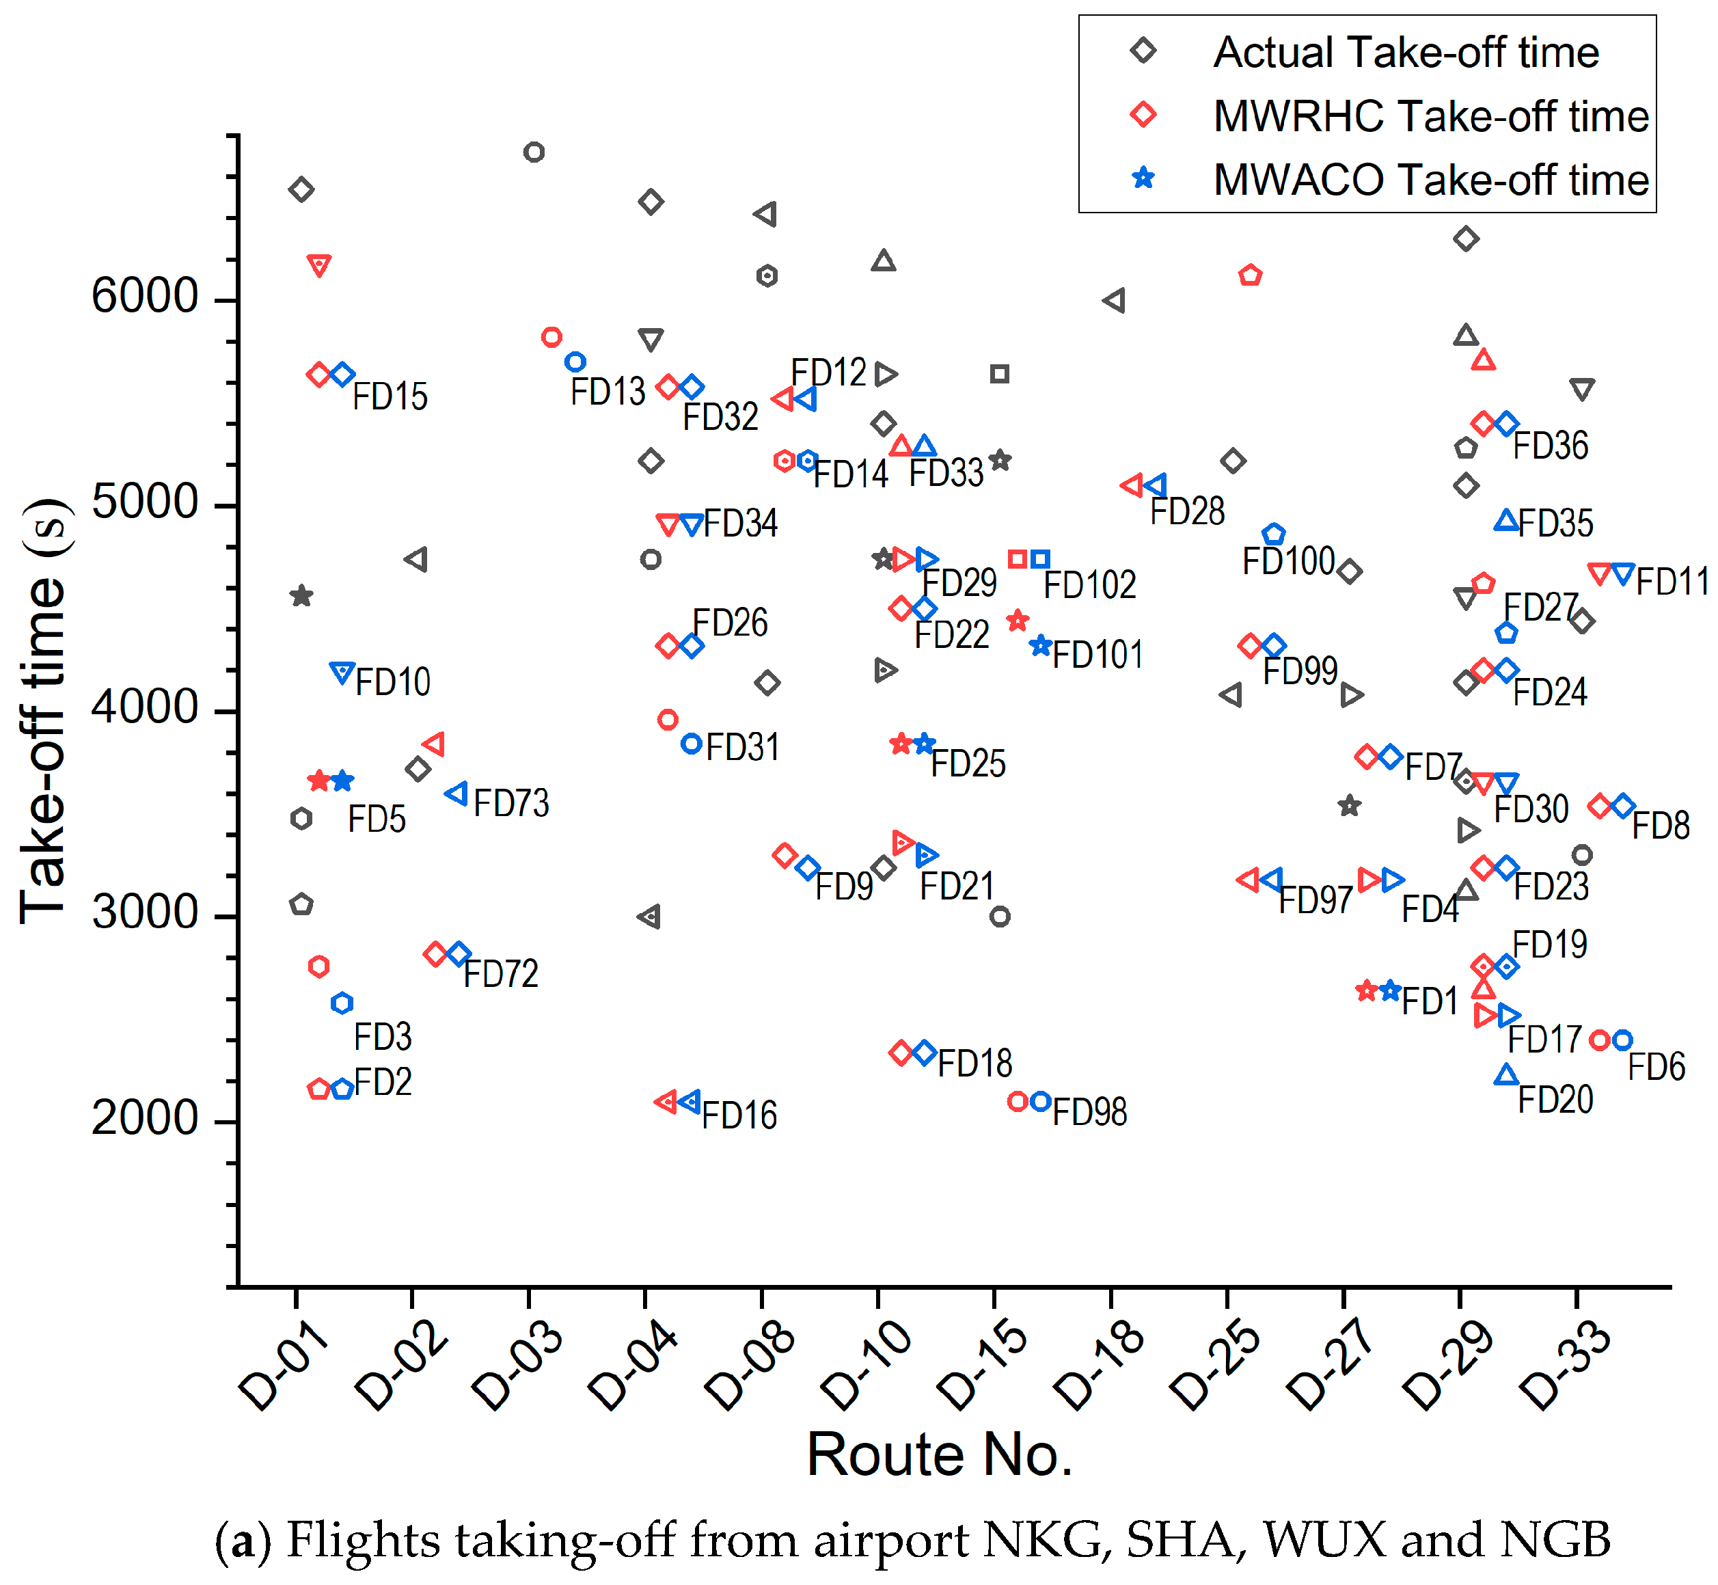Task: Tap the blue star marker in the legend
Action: [1143, 178]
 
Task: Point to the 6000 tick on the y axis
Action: [145, 297]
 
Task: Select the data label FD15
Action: [390, 397]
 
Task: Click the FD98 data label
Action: [1089, 1113]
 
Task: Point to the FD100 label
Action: [1288, 562]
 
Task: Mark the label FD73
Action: [510, 804]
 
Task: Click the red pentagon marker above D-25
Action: [1250, 275]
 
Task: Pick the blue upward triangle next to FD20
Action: [1506, 1074]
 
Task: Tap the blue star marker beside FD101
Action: [1040, 646]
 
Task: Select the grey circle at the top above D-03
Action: [534, 152]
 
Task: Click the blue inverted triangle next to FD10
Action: [342, 673]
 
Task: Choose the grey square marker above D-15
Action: [999, 374]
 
